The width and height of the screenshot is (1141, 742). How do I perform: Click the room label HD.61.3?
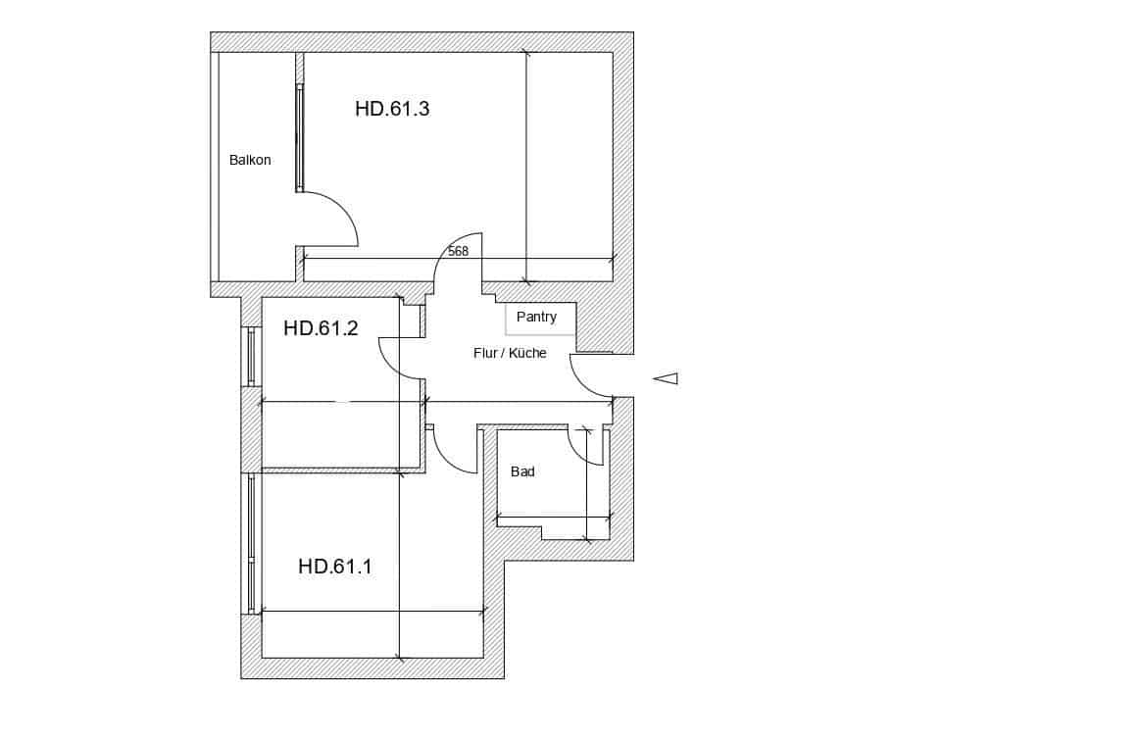392,109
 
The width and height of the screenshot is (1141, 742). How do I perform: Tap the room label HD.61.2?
321,328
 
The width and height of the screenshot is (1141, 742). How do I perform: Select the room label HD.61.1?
334,567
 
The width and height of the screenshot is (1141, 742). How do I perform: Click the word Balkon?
250,160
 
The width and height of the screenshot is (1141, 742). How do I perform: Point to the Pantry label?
536,317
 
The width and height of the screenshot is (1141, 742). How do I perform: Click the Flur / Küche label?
510,353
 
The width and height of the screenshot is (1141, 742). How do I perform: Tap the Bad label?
522,471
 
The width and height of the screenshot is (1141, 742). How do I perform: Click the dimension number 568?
458,251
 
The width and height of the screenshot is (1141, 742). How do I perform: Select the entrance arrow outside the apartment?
666,378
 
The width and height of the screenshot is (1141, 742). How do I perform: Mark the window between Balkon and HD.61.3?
300,137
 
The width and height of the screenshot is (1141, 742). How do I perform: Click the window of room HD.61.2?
251,356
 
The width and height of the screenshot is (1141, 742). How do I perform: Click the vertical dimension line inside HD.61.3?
526,167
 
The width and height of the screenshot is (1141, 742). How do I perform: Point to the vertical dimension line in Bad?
586,485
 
